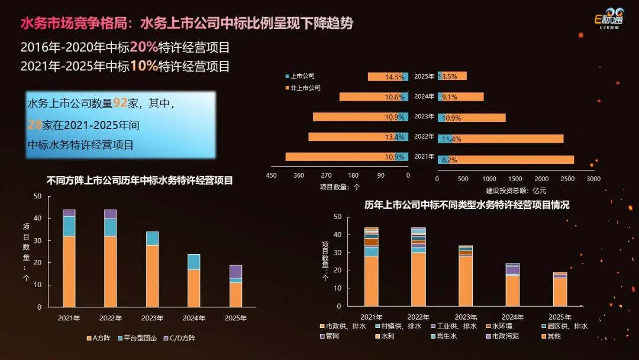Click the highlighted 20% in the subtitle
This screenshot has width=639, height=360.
[143, 47]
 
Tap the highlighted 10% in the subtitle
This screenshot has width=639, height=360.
[143, 66]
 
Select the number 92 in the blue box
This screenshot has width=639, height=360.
[120, 103]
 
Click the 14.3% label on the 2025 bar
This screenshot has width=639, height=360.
[394, 77]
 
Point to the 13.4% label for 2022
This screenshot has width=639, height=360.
[394, 137]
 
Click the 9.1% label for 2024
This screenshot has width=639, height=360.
[449, 97]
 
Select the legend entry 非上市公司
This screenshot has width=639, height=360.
[305, 88]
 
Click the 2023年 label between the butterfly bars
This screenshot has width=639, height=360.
[424, 117]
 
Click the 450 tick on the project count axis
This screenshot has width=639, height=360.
[272, 175]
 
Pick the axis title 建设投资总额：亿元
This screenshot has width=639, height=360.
[516, 191]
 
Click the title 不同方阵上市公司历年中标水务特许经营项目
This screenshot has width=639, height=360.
[140, 181]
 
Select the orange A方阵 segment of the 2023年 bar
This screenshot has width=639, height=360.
[152, 276]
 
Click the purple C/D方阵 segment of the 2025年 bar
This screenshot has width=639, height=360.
[235, 271]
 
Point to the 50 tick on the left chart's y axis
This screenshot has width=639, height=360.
[38, 196]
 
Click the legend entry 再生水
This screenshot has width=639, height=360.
[451, 336]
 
